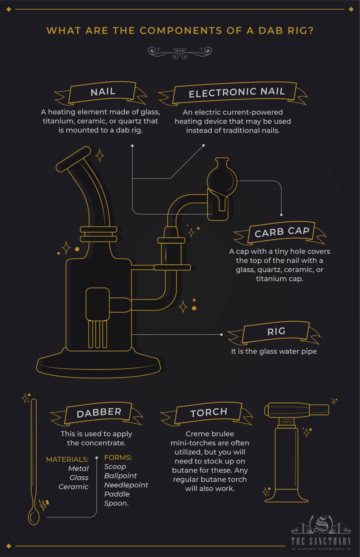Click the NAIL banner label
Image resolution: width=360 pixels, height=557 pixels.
[x=103, y=92]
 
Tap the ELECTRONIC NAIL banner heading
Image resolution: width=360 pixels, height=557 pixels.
[x=236, y=93]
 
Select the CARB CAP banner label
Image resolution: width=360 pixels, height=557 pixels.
[x=282, y=232]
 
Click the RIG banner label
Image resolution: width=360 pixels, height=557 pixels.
[x=276, y=331]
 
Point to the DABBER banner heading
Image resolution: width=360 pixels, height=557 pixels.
[x=99, y=413]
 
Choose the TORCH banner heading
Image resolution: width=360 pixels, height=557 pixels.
[x=209, y=412]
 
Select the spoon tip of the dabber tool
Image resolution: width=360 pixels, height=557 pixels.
[x=34, y=516]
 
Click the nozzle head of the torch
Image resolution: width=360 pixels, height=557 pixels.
[x=297, y=410]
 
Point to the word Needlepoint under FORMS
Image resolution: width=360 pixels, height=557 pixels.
[x=126, y=485]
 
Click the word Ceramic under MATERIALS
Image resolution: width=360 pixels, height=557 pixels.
[x=73, y=487]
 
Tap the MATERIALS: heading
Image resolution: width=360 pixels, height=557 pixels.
[x=67, y=459]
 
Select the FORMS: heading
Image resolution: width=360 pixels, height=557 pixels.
[x=118, y=458]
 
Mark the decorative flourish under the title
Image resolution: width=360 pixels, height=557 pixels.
[x=180, y=53]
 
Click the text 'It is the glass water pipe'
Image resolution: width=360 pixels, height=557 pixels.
[x=274, y=351]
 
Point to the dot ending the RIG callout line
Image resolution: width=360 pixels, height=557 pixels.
[x=222, y=334]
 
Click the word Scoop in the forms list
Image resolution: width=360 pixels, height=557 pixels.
[x=115, y=467]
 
